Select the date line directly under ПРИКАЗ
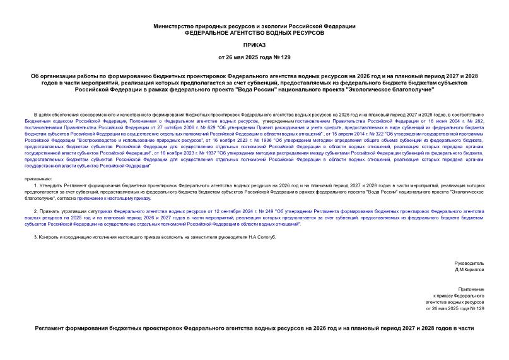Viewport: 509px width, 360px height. tap(254, 58)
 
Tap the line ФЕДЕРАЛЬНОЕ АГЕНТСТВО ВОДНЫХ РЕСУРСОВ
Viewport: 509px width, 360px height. tap(254, 32)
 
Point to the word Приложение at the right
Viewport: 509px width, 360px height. tap(472, 288)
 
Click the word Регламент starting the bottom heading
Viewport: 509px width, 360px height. tap(57, 329)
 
